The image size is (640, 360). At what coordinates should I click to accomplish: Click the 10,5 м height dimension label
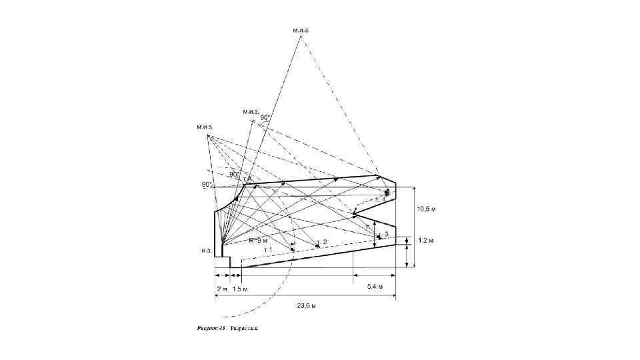[x=427, y=209]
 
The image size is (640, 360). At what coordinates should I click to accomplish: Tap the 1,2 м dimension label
[x=426, y=240]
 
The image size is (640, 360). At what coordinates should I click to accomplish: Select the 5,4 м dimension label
[x=375, y=286]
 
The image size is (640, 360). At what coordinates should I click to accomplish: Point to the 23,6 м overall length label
[x=306, y=306]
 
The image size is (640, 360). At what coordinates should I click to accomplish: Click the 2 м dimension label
[x=222, y=289]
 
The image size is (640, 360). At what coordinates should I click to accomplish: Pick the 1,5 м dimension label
[x=241, y=289]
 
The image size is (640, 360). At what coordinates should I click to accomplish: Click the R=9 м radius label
[x=258, y=240]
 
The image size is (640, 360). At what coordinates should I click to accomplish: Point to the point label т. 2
[x=321, y=241]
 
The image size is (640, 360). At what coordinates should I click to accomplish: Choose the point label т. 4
[x=380, y=199]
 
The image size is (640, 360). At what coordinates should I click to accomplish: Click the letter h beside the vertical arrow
[x=368, y=227]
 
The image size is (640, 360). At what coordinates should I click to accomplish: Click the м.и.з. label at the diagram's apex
[x=301, y=30]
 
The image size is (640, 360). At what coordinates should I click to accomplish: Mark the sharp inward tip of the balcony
[x=354, y=215]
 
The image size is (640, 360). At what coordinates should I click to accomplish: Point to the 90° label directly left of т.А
[x=235, y=174]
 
